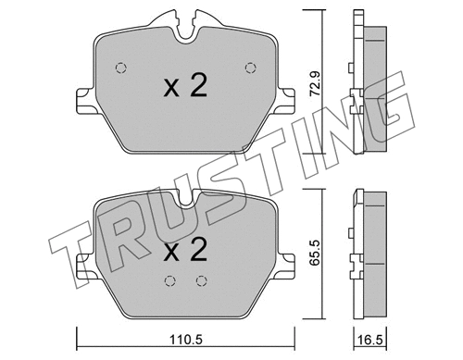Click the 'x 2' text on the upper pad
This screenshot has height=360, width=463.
coord(183,88)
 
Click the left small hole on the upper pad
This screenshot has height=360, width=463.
coord(120,66)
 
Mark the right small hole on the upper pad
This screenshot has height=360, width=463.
coord(248,66)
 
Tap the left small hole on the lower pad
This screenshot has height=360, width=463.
coord(169,282)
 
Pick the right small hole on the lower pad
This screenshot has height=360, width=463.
coord(200,282)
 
